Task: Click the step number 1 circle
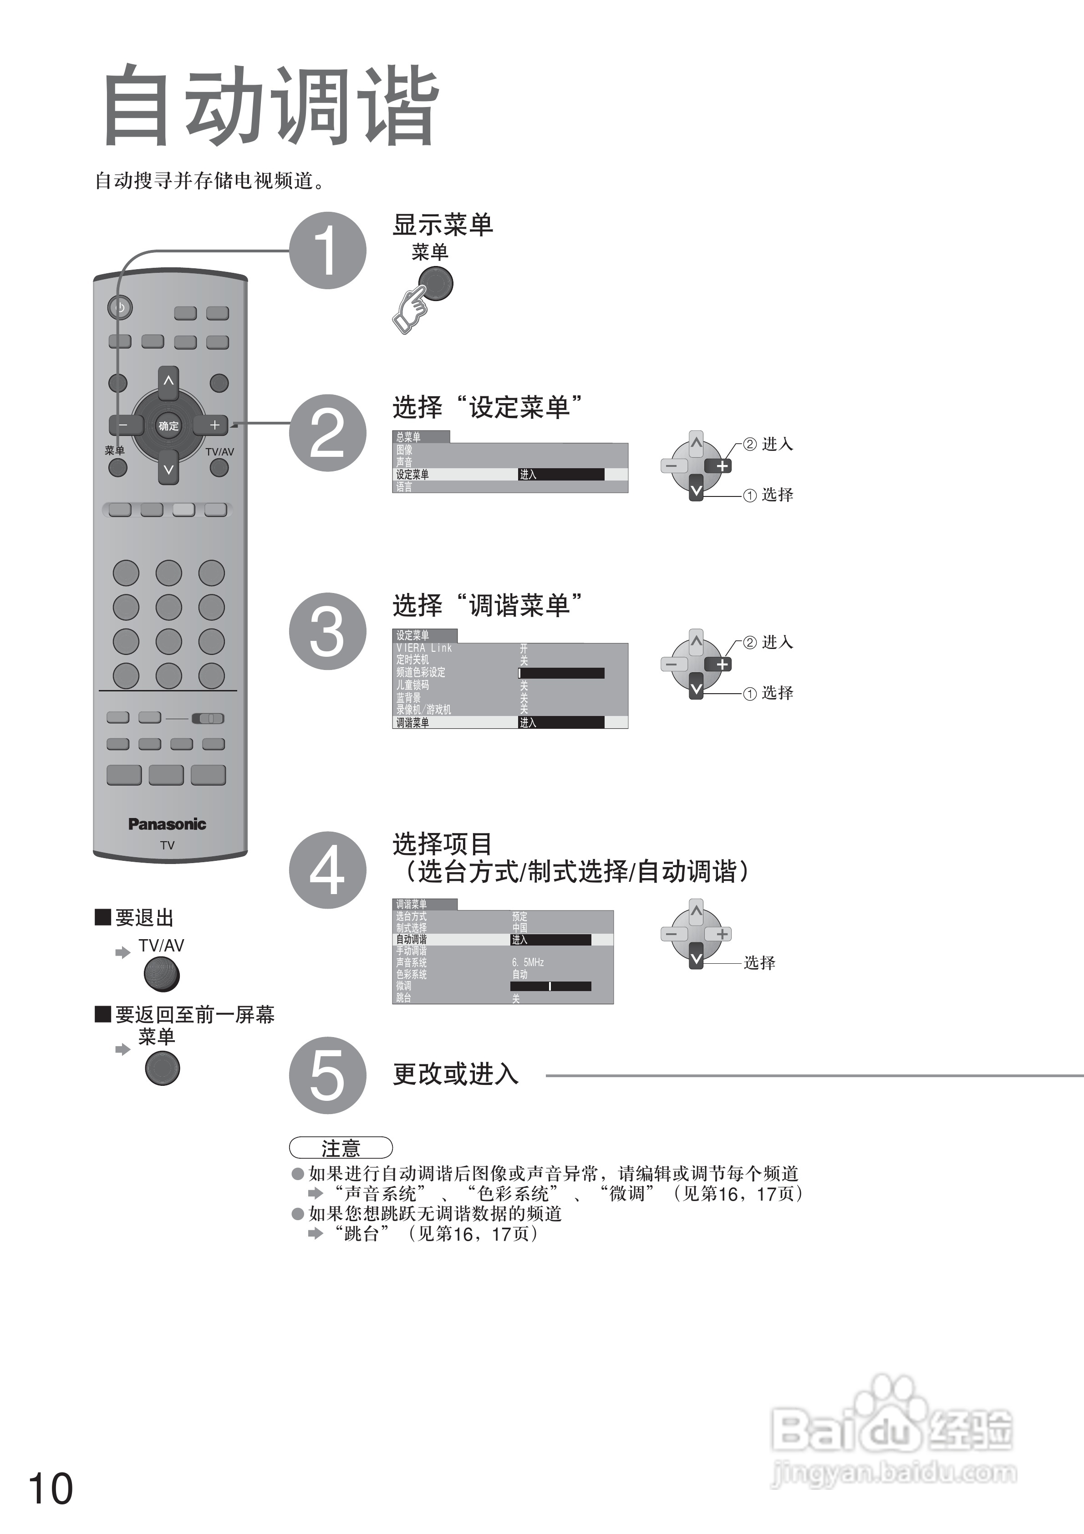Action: pos(327,251)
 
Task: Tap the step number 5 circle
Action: pos(327,1075)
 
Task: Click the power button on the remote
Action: pos(120,307)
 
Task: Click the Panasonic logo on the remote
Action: pos(167,824)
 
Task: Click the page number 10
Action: pos(50,1488)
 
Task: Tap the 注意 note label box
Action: pos(341,1148)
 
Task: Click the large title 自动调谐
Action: pos(270,106)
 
